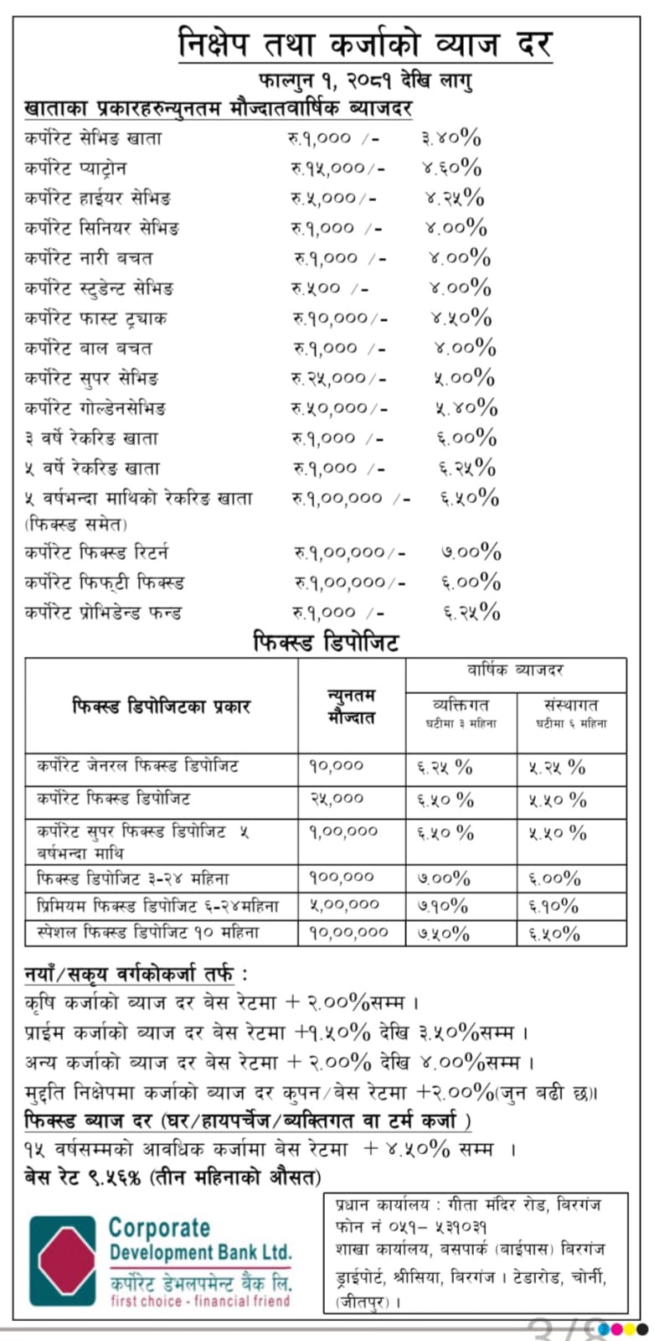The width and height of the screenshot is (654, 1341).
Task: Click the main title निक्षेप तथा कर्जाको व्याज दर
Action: [x=365, y=44]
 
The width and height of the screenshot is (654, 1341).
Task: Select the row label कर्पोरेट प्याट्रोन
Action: [x=75, y=168]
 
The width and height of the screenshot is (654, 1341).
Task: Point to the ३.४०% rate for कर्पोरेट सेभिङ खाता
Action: [x=451, y=138]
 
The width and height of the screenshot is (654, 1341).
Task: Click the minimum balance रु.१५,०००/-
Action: [x=338, y=168]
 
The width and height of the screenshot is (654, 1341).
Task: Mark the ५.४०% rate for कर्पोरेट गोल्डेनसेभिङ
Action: [x=466, y=408]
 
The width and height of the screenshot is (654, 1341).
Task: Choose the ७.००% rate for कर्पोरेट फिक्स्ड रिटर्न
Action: [x=471, y=552]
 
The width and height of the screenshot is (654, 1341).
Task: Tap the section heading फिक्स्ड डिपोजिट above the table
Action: [x=327, y=643]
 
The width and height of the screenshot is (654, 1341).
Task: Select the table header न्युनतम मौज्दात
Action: [x=352, y=706]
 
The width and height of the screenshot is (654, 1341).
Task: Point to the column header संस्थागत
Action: [x=571, y=705]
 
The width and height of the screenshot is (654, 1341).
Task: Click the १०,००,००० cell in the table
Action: [x=349, y=932]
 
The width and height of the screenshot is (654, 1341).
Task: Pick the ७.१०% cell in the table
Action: [x=444, y=905]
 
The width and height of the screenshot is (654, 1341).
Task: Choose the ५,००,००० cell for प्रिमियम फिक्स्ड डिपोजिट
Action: [x=344, y=905]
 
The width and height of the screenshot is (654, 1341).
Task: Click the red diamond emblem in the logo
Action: [x=63, y=1261]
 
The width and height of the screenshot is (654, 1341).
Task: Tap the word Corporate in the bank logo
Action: [x=159, y=1228]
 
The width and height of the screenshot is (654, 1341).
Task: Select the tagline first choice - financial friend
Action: [x=200, y=1301]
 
